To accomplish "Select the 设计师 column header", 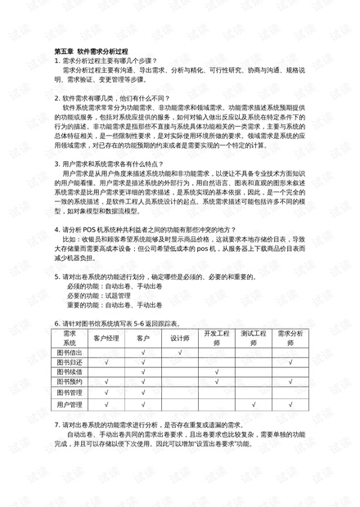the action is point(179,337).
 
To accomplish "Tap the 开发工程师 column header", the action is point(217,337).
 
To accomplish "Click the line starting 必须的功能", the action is point(114,287).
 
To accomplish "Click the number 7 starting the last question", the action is point(56,426).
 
